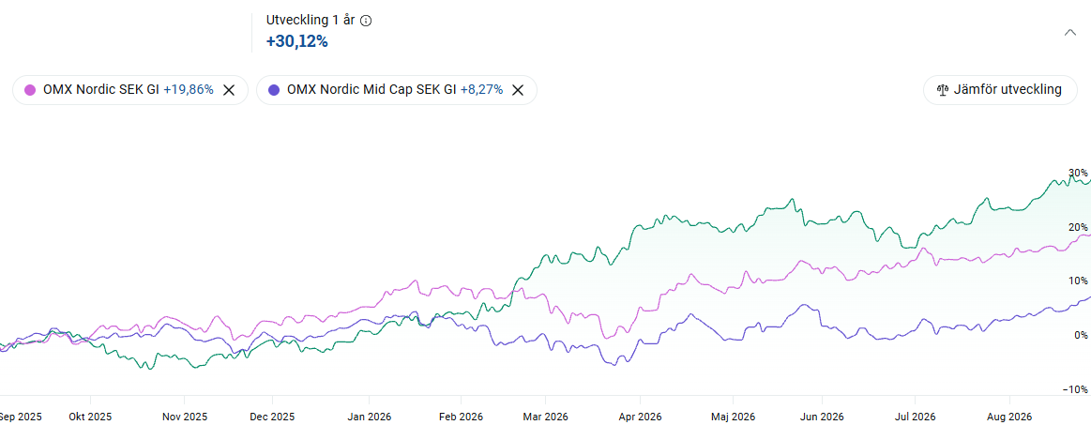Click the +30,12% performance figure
(297, 41)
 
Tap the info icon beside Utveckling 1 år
(366, 21)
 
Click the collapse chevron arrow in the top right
(1070, 32)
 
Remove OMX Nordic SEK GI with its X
(229, 90)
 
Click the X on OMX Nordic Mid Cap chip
(518, 90)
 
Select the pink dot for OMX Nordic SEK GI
(30, 90)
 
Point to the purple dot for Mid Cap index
(274, 90)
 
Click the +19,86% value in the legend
(189, 90)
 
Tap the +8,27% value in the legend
(481, 90)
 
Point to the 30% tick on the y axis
(1078, 173)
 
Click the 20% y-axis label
(1078, 227)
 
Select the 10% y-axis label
(1078, 281)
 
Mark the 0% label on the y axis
(1081, 335)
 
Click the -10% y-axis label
(1076, 388)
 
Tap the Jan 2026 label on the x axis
(369, 417)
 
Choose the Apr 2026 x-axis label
(640, 417)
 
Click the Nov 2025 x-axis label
(185, 417)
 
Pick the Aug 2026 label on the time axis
(1009, 417)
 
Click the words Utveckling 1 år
(311, 21)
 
